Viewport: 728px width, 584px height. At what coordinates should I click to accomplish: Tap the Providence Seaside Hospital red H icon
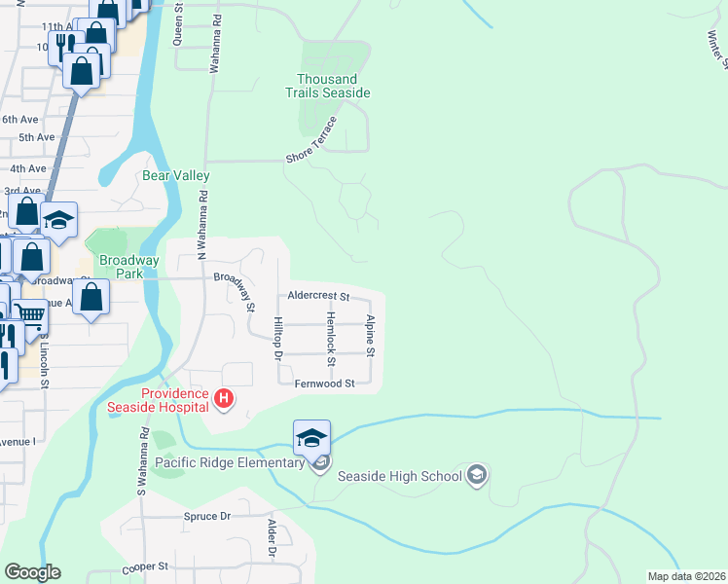tap(224, 398)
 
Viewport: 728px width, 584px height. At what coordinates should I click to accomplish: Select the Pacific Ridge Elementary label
tap(229, 462)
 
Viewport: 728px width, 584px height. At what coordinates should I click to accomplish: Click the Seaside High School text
tap(399, 477)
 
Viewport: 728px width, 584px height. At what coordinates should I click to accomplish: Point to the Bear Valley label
tap(176, 176)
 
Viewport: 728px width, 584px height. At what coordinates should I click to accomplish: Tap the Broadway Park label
tap(128, 267)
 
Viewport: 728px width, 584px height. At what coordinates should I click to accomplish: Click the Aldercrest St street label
tap(318, 296)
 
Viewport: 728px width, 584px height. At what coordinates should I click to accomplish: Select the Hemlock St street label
tap(332, 339)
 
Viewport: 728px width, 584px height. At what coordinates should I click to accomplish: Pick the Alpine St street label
tap(371, 335)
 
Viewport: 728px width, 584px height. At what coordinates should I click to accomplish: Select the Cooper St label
tap(145, 566)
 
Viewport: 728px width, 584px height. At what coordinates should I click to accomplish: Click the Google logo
tap(32, 572)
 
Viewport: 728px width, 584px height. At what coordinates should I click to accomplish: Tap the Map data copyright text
tap(686, 576)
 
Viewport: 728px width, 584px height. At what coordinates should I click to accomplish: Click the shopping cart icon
tap(30, 313)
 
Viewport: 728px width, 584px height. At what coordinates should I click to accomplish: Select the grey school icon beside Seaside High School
tap(477, 476)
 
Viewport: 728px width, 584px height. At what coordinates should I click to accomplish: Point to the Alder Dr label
tap(273, 538)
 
